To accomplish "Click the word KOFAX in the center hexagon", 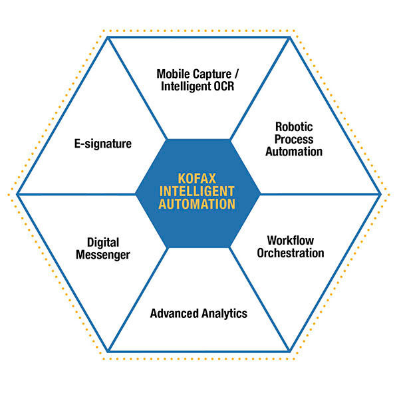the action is coord(197,178).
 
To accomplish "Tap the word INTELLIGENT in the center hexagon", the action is coord(197,192).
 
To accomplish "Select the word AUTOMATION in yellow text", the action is coord(197,204).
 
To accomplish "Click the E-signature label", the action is coord(103,144).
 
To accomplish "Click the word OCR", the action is coord(224,86).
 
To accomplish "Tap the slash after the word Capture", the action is coord(236,74).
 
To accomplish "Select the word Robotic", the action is coord(294,127).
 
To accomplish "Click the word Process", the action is coord(294,139).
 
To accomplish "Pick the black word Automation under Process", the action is coord(294,152).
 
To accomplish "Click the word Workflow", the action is coord(291,241).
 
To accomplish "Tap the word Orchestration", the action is coord(291,253).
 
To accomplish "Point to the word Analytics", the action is coord(223,314).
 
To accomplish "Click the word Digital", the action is coord(103,243).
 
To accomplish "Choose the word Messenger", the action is coord(103,255).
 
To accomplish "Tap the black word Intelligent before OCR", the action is coord(186,86).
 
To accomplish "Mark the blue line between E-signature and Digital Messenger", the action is coord(76,194).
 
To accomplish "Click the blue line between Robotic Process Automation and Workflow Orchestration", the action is coord(321,194).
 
